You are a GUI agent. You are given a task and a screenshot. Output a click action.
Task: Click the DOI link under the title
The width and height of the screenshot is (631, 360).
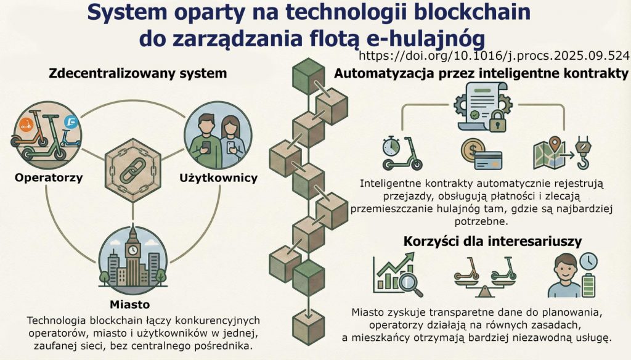[494, 55]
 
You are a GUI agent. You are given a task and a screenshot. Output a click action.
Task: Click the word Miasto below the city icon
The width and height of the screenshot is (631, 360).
[130, 305]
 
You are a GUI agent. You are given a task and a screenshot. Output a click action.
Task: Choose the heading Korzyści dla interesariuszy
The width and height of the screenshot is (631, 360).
[492, 241]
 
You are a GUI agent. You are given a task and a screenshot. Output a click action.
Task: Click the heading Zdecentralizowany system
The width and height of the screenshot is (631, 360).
[137, 73]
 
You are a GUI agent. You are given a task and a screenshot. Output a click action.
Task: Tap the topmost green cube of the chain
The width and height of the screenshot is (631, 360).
[303, 77]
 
